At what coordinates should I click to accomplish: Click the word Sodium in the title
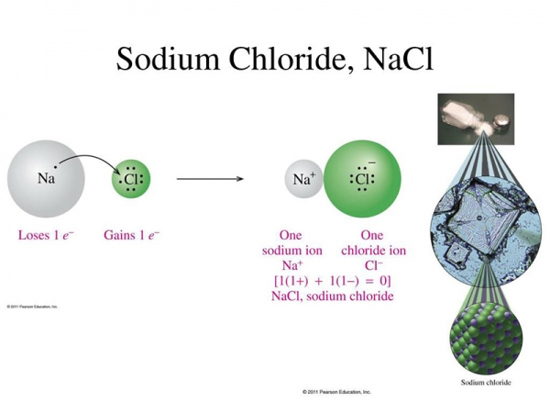tap(168, 59)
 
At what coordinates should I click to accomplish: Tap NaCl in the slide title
tap(399, 58)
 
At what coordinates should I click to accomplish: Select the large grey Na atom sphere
tap(46, 179)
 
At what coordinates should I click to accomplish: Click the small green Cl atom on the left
tap(131, 179)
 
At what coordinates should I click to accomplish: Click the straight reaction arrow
tap(210, 179)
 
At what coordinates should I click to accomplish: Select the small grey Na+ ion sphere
tap(303, 179)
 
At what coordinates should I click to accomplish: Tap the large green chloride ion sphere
tap(362, 179)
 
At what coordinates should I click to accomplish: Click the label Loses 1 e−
tap(46, 235)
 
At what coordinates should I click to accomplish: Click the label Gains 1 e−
tap(131, 235)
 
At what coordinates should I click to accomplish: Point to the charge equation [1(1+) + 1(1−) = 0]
tap(332, 281)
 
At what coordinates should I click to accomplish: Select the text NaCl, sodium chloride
tap(332, 296)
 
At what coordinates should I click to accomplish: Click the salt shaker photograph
tap(476, 119)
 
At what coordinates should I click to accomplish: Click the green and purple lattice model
tap(486, 338)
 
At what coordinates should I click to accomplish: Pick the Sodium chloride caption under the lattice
tap(486, 383)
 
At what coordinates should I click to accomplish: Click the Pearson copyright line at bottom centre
tap(336, 392)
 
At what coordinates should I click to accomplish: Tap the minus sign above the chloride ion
tap(372, 162)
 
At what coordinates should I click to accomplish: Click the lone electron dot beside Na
tap(55, 167)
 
